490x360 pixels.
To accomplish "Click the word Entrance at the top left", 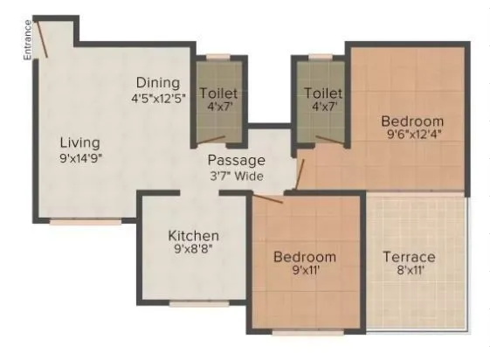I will (x=27, y=38).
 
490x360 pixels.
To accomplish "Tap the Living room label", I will (x=79, y=142).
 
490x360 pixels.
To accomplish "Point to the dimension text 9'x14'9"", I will (x=79, y=158).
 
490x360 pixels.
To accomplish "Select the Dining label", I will (x=157, y=82).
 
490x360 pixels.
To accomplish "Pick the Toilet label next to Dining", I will (x=218, y=93).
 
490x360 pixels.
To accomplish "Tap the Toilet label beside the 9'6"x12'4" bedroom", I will (x=323, y=93).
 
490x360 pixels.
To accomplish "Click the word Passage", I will (x=236, y=161).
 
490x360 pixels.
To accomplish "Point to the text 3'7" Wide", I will (x=236, y=177).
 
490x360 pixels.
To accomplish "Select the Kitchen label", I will (x=194, y=236).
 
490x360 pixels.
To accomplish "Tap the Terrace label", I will (x=410, y=257).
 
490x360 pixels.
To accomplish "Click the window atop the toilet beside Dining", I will (x=218, y=58).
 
